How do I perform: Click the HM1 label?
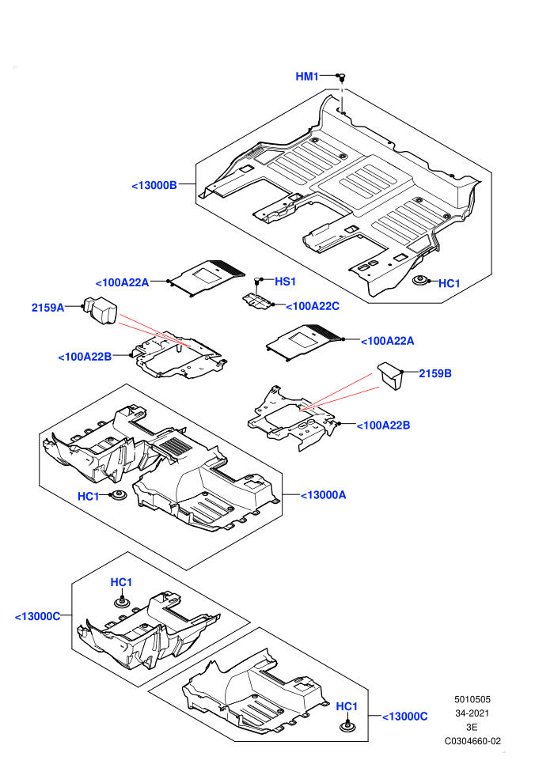coord(307,76)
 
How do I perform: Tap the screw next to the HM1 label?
coord(342,78)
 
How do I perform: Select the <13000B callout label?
coord(154,185)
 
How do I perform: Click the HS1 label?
coord(285,281)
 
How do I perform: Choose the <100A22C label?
coord(313,306)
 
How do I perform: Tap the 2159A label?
coord(48,308)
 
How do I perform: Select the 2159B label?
coord(435,373)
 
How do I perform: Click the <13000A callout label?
coord(323,495)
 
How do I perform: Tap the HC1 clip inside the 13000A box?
coord(119,497)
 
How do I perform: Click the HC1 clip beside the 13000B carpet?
coord(420,281)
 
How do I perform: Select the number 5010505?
coord(472,700)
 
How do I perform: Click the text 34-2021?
coord(472,713)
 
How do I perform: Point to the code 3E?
coord(472,727)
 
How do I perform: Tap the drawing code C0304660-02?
coord(472,741)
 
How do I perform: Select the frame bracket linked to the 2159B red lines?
coord(292,417)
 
